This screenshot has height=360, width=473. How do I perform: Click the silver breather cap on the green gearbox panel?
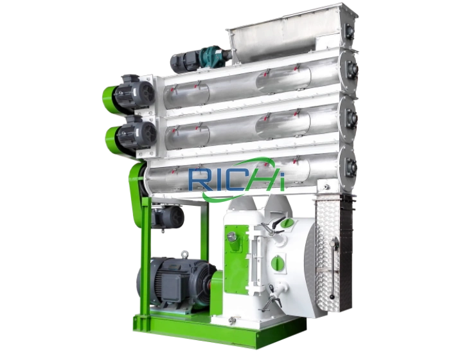[231, 237]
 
